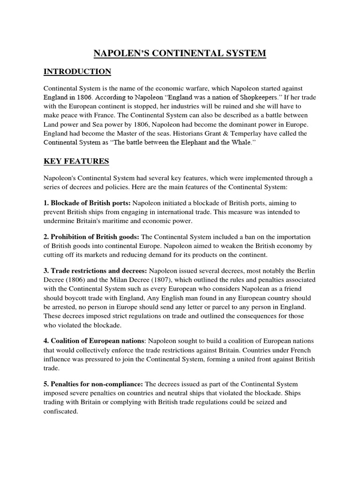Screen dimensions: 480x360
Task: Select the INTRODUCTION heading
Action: (x=77, y=72)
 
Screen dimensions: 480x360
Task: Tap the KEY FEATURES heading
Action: (x=76, y=161)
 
